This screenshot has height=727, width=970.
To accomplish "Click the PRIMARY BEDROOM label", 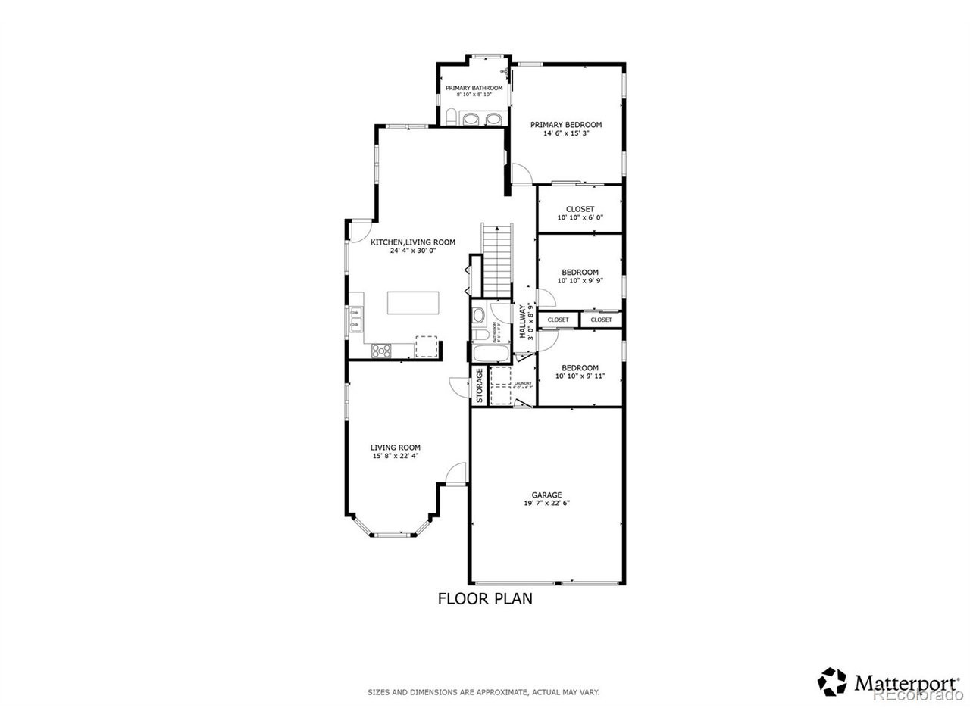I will [x=565, y=125].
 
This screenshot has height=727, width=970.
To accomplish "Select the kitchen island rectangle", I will [x=413, y=303].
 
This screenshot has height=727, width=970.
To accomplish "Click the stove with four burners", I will [x=381, y=350].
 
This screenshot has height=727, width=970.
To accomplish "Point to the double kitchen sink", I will [x=355, y=318].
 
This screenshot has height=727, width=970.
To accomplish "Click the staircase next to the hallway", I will [x=497, y=260].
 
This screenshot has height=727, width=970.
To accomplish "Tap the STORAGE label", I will [x=480, y=385].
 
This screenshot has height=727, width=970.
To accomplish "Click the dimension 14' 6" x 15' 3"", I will [x=565, y=134].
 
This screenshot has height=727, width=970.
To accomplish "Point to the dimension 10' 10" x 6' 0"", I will [x=580, y=218].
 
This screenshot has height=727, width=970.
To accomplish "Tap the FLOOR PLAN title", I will [x=485, y=599].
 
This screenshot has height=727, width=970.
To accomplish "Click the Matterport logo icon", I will [x=832, y=681].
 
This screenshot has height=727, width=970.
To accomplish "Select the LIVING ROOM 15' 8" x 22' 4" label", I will [x=395, y=451].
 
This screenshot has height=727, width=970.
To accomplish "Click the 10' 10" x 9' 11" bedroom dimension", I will [x=580, y=376].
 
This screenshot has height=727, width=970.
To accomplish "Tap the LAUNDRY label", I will [x=523, y=383].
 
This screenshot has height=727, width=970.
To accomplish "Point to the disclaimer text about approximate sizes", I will [x=484, y=692].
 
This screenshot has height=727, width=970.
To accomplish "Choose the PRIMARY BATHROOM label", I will [x=474, y=88].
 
